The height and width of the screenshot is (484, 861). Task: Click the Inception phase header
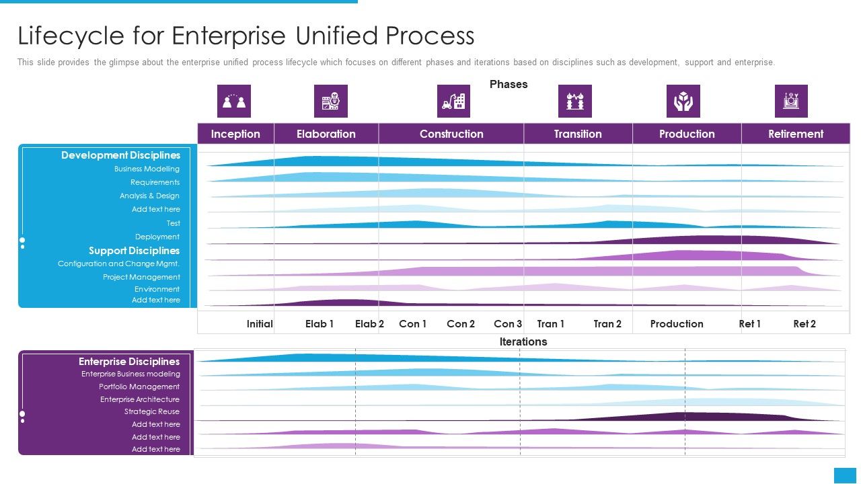point(235,134)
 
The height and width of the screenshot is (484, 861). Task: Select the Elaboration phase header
point(326,134)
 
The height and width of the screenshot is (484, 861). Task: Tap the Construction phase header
point(451,134)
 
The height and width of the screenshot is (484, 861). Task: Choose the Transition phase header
point(578,134)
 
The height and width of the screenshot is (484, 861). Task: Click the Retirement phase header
point(796,134)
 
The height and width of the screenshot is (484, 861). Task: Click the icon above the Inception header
point(234,102)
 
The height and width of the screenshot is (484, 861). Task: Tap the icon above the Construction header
point(453,102)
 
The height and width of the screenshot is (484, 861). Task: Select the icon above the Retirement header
point(791,102)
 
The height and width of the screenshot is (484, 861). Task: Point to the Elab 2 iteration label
point(369,324)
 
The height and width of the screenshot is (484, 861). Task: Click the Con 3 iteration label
point(508,324)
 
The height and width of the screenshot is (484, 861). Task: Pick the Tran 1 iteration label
point(551,324)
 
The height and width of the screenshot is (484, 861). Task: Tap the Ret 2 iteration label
point(804,324)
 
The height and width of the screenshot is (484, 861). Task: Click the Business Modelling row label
point(147,169)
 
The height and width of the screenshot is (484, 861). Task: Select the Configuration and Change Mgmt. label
point(118,264)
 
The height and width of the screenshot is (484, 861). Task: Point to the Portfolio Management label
point(139,387)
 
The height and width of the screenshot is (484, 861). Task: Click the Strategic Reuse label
point(152,412)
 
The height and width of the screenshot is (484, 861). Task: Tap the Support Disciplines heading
point(135,251)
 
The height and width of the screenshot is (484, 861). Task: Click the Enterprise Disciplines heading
point(129,362)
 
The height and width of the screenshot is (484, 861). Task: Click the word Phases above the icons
point(509,85)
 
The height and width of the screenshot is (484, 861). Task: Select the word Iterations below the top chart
point(523,342)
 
